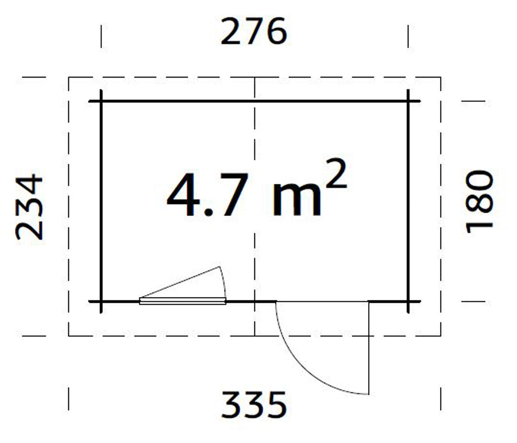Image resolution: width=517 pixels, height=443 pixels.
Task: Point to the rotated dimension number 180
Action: (x=480, y=201)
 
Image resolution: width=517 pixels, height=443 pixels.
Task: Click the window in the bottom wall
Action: (x=183, y=300)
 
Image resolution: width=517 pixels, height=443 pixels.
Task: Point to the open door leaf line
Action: (x=368, y=348)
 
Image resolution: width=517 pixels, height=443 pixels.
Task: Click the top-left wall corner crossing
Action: (x=102, y=102)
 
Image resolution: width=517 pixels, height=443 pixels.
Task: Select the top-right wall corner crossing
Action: (x=408, y=102)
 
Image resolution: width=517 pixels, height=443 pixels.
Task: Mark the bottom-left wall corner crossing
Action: (x=102, y=301)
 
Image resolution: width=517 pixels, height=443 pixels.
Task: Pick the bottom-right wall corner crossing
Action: (x=408, y=301)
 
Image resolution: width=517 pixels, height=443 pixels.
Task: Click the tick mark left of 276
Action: (x=102, y=36)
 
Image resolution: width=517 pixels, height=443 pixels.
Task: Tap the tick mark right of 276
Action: (x=408, y=36)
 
